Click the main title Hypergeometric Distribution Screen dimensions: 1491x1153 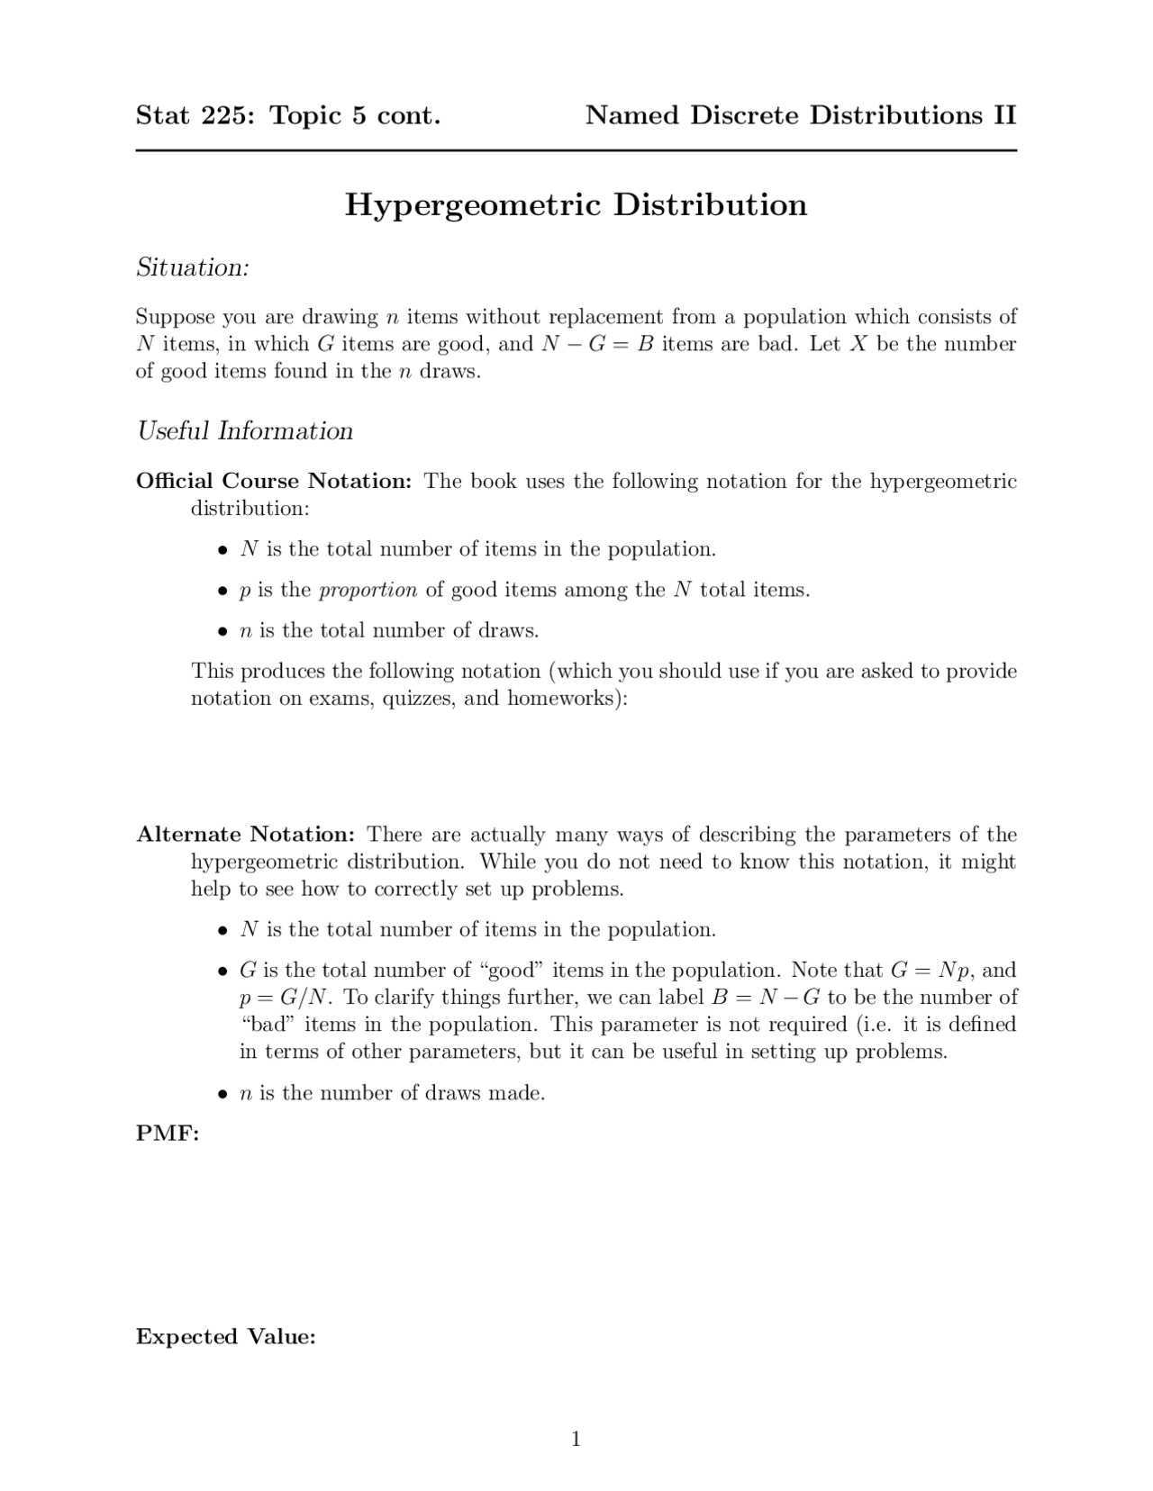(576, 205)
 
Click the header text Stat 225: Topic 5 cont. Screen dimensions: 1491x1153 (288, 115)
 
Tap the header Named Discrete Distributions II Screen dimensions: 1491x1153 (800, 115)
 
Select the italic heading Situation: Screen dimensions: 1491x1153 (192, 267)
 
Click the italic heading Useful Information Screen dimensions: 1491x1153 (244, 431)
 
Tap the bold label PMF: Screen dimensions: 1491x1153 (168, 1134)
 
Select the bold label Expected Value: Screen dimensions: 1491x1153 (225, 1337)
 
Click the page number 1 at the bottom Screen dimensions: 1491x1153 (576, 1439)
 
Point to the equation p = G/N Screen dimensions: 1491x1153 (280, 998)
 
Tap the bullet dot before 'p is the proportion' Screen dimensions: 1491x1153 (221, 592)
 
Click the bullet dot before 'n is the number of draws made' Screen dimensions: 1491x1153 (221, 1095)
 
